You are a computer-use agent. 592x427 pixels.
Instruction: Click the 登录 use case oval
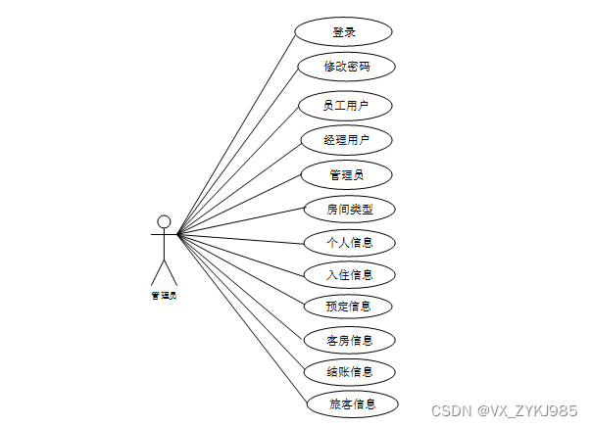click(344, 31)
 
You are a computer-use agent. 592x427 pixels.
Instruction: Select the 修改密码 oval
click(347, 67)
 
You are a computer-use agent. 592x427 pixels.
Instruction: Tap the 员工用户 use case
click(347, 104)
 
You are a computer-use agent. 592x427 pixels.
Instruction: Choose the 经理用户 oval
click(347, 140)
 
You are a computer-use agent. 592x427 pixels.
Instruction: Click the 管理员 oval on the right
click(347, 174)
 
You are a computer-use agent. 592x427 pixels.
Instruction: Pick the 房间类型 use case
click(349, 209)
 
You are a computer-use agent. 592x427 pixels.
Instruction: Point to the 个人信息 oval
click(350, 241)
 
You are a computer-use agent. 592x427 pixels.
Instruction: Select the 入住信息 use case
click(350, 274)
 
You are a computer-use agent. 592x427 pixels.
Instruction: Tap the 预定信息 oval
click(350, 306)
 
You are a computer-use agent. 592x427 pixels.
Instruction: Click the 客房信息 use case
click(350, 340)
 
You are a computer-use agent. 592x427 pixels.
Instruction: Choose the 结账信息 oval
click(350, 371)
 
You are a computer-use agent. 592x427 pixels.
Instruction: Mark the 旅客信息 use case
click(351, 403)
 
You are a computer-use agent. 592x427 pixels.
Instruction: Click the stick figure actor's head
click(164, 221)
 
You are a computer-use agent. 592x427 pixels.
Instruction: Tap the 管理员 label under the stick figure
click(164, 294)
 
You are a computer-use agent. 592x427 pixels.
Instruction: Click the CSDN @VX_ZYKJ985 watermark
click(506, 410)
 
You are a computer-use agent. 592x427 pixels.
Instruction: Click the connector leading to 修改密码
click(238, 152)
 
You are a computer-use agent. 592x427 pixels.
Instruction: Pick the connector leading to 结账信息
click(240, 303)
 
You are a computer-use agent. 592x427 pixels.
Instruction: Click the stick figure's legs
click(164, 272)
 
